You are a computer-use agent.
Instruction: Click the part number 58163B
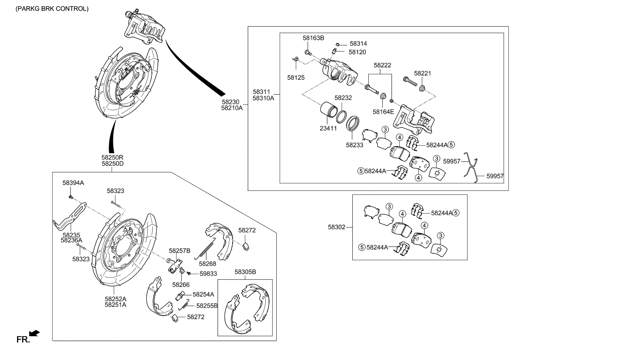click(313, 38)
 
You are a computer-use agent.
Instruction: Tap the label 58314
click(359, 44)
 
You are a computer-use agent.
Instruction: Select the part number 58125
click(296, 78)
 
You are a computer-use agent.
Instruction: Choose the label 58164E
click(383, 112)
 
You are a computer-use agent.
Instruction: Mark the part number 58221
click(422, 73)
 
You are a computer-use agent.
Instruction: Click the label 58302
click(337, 227)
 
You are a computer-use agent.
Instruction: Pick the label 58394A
click(73, 183)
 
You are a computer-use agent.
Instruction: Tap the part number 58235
click(71, 235)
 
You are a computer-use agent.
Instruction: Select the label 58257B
click(180, 251)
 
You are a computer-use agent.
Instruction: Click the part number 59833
click(208, 274)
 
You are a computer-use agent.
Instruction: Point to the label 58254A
click(203, 294)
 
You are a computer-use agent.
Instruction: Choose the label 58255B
click(207, 306)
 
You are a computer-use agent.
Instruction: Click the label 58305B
click(245, 272)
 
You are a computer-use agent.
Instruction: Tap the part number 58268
click(207, 264)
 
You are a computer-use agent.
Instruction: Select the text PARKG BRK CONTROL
click(52, 8)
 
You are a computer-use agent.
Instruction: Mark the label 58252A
click(115, 298)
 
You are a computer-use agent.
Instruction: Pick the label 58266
click(181, 285)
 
